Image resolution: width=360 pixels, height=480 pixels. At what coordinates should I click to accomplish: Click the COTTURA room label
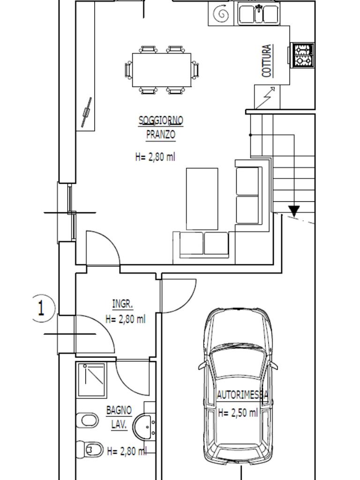(267, 60)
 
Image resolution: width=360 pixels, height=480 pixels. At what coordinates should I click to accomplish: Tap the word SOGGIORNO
(161, 120)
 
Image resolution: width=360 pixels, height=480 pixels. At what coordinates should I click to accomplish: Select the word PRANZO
(161, 135)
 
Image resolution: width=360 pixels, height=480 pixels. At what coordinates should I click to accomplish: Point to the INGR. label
(122, 304)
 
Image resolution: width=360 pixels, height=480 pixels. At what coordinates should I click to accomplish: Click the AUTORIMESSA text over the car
(242, 395)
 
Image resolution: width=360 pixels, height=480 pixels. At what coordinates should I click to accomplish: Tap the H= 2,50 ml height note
(238, 412)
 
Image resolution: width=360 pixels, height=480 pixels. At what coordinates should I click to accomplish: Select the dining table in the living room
(162, 70)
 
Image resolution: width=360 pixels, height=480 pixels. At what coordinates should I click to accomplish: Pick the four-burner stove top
(303, 55)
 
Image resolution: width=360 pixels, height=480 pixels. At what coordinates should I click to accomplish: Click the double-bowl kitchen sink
(259, 14)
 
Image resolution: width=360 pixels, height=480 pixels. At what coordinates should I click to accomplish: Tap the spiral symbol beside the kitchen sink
(221, 14)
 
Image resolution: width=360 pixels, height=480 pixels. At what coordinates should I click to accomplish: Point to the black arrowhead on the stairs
(294, 210)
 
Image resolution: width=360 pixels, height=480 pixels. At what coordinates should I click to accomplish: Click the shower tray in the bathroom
(92, 380)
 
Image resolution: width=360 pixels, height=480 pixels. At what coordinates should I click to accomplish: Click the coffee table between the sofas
(202, 199)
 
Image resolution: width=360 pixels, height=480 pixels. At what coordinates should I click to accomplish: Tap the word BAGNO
(119, 410)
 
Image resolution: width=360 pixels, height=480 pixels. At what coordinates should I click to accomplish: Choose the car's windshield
(238, 362)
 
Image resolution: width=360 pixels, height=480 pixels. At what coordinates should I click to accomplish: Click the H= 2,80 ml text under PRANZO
(155, 157)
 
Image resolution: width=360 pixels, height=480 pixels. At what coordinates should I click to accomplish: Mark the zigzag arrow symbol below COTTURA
(265, 97)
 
